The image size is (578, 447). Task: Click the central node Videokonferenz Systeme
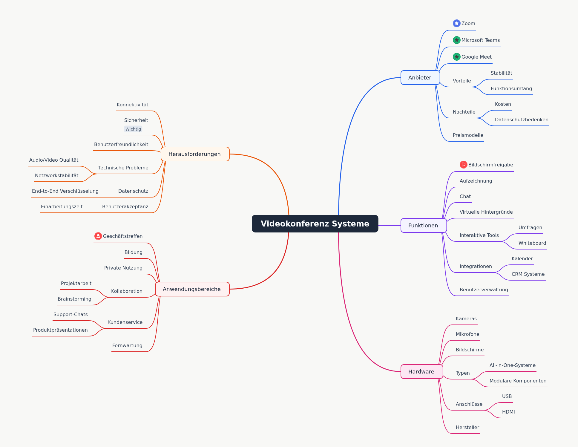click(x=315, y=223)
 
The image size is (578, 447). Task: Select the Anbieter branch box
click(x=420, y=78)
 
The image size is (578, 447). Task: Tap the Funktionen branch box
click(x=424, y=225)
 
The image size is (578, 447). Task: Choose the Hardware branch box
click(x=421, y=371)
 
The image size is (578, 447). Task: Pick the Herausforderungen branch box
click(x=195, y=154)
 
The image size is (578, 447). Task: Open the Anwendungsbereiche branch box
click(x=192, y=289)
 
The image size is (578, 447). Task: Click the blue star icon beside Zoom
click(x=456, y=23)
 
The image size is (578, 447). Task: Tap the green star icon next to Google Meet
click(x=456, y=57)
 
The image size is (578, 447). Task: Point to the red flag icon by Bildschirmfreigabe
click(x=463, y=165)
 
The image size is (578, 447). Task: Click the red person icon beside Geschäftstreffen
click(x=98, y=236)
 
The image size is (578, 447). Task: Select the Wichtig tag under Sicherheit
click(x=133, y=129)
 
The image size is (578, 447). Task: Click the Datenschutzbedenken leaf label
click(x=522, y=120)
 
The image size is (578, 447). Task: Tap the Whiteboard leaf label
click(x=532, y=243)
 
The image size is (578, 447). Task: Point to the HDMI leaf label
click(x=508, y=412)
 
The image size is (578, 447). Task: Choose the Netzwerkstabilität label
click(x=57, y=175)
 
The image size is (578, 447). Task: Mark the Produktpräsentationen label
click(x=60, y=330)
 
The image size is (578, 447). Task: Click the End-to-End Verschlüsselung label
click(x=65, y=191)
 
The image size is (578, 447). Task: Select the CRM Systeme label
click(x=528, y=274)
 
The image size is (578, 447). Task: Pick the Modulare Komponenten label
click(x=518, y=381)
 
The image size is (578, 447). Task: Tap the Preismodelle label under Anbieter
click(x=468, y=135)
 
